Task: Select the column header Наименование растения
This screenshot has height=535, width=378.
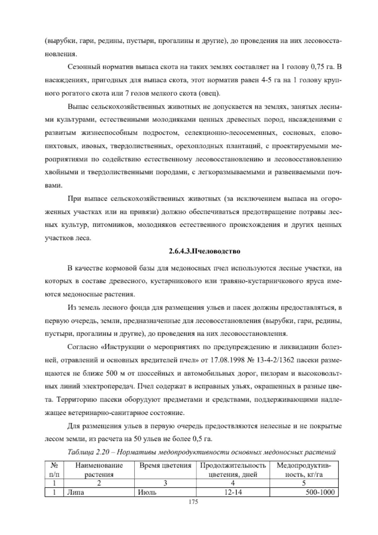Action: (x=99, y=470)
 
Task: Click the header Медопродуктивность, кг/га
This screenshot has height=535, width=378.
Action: (x=304, y=470)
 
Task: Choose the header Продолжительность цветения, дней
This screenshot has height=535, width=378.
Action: (x=233, y=470)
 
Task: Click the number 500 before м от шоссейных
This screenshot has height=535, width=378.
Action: (x=112, y=373)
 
